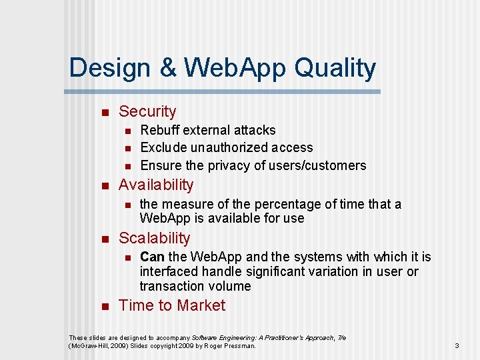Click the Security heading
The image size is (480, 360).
(x=147, y=112)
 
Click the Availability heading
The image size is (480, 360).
(x=156, y=185)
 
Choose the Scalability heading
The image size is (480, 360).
(x=154, y=238)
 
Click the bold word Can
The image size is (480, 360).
(x=152, y=257)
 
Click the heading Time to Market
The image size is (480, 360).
(x=172, y=305)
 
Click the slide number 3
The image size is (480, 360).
(x=457, y=345)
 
